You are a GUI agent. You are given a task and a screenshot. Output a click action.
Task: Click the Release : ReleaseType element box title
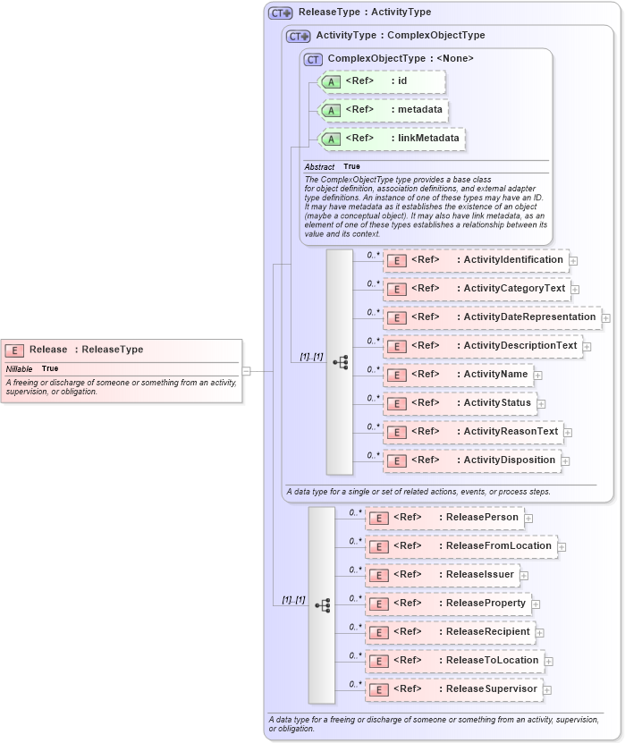point(86,350)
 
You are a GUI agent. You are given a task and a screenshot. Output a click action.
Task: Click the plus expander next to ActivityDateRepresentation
point(606,317)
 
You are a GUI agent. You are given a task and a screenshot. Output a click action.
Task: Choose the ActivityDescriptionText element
point(483,346)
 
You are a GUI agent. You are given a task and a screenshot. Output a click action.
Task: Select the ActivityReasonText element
point(473,432)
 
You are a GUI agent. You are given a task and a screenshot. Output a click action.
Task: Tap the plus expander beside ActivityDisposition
point(565,461)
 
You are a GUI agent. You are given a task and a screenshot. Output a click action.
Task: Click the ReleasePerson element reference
point(444,518)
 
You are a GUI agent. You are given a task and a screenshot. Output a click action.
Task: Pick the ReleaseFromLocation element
point(460,546)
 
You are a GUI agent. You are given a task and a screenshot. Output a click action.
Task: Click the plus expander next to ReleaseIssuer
point(524,576)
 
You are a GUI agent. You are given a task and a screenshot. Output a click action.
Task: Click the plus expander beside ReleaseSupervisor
point(547,690)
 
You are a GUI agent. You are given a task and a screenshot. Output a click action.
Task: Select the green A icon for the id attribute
point(331,81)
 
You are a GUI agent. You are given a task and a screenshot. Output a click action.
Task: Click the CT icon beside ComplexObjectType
point(313,59)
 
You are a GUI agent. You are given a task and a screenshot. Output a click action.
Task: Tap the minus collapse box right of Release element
point(246,371)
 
